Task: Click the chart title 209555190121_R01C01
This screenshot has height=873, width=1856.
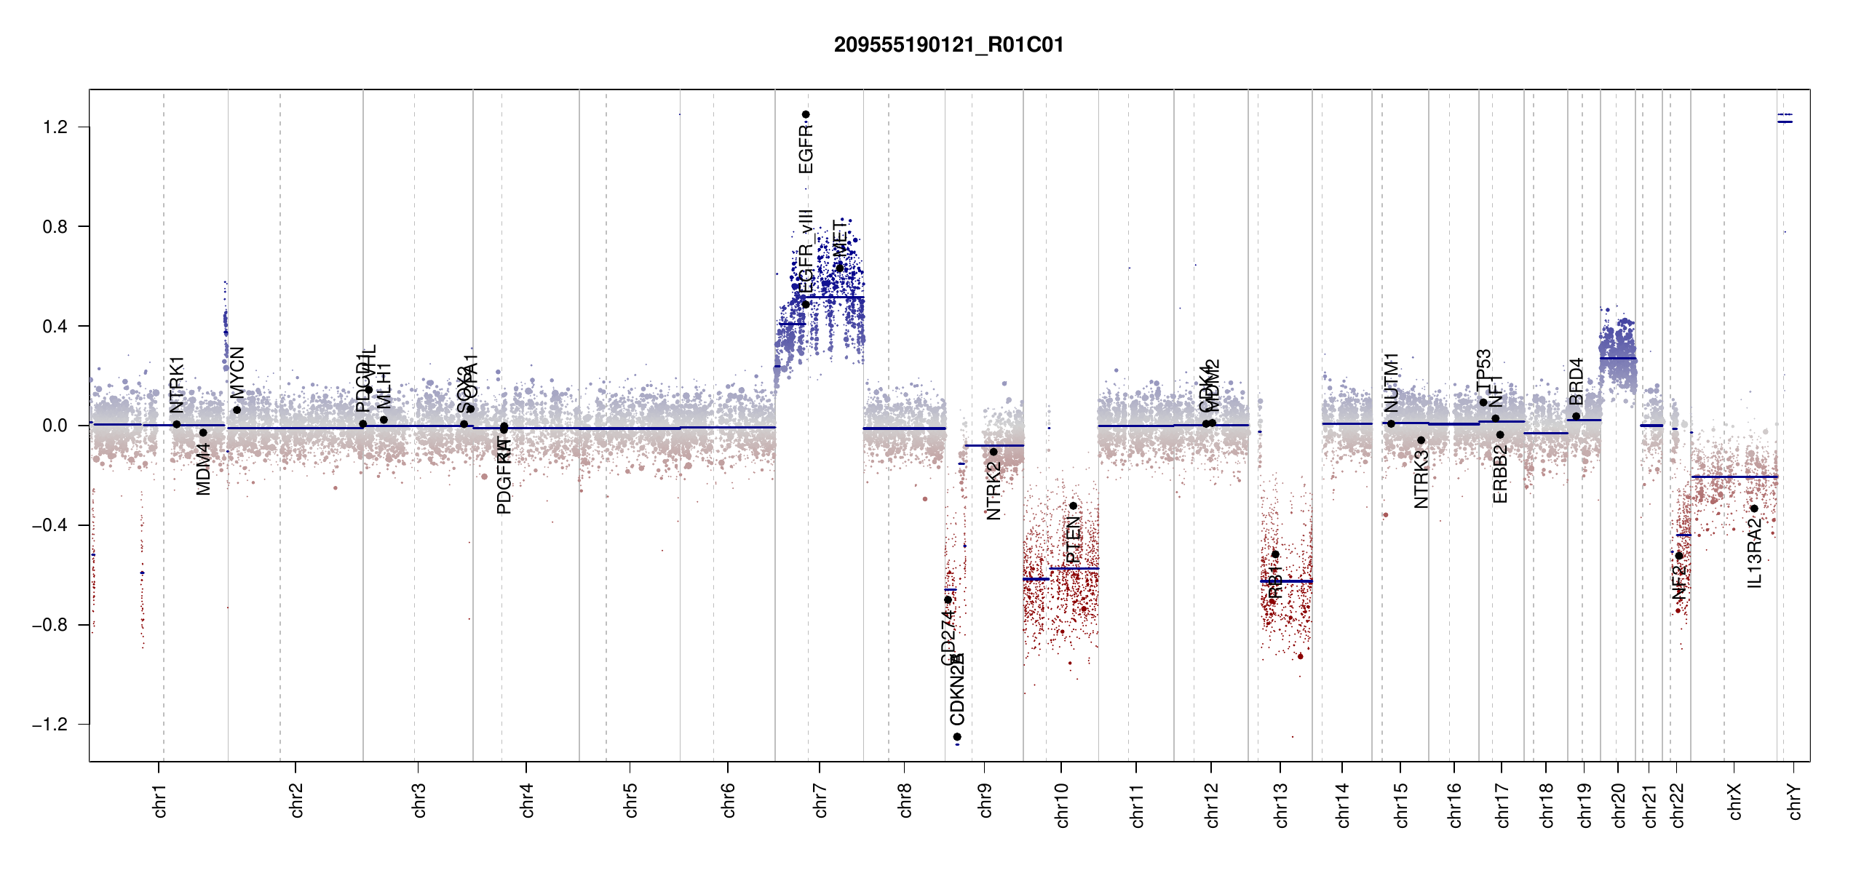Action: tap(948, 45)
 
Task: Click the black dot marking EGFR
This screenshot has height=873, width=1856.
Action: tap(806, 114)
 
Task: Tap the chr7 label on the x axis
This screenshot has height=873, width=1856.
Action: tap(820, 801)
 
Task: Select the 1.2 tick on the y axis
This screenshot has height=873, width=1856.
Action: tap(55, 127)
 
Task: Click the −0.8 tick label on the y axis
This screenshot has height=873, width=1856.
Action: tap(50, 625)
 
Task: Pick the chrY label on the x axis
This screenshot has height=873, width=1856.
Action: tap(1795, 801)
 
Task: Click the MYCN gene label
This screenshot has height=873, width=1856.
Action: tap(237, 372)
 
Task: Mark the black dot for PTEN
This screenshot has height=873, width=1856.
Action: tap(1073, 506)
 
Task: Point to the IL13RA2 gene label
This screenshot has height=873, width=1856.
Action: tap(1755, 553)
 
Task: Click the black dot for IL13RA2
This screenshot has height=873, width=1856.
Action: tap(1754, 509)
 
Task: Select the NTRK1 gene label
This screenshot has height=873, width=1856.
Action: tap(177, 384)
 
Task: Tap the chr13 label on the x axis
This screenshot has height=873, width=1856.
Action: tap(1281, 805)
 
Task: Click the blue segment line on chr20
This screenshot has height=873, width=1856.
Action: tap(1618, 359)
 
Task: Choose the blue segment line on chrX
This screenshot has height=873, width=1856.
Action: tap(1734, 477)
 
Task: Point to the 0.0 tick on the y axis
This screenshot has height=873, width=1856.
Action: tap(55, 426)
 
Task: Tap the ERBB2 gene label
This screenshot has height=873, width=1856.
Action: tap(1500, 474)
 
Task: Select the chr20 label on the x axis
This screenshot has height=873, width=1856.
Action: tap(1619, 805)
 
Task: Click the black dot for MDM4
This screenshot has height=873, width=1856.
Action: tap(204, 433)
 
